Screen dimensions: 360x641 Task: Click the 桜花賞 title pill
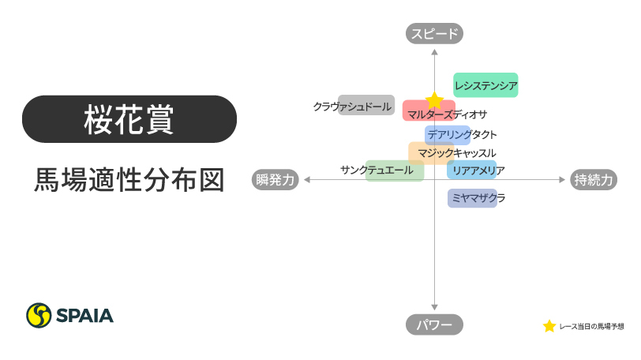pos(129,119)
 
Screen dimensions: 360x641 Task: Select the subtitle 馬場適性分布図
pos(129,178)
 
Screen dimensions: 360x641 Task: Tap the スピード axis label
pos(434,33)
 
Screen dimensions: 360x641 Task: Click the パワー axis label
pos(434,324)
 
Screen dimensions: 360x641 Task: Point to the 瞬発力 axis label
pos(276,180)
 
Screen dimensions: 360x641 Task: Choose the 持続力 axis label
pos(594,180)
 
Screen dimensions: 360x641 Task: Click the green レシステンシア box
pos(485,85)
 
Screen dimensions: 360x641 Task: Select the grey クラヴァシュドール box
pos(365,105)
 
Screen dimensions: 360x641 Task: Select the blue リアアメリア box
pos(472,170)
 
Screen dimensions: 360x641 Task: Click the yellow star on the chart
pos(434,100)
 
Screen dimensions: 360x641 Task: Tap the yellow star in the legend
pos(549,326)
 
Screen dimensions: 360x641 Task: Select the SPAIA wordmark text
pos(84,316)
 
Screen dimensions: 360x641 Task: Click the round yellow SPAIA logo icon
pos(39,316)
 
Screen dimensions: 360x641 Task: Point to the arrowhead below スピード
pos(434,51)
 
